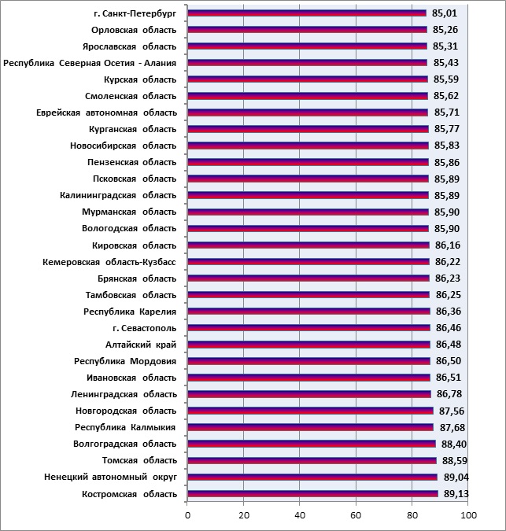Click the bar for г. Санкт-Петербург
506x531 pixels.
pyautogui.click(x=307, y=13)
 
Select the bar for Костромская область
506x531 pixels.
pyautogui.click(x=312, y=494)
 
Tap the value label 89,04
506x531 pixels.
pyautogui.click(x=456, y=478)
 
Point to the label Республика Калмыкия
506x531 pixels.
pyautogui.click(x=125, y=427)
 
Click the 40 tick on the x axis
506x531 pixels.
pyautogui.click(x=300, y=515)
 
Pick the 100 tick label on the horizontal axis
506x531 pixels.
pyautogui.click(x=468, y=515)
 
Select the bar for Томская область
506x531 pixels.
pyautogui.click(x=312, y=460)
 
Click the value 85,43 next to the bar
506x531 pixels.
pyautogui.click(x=446, y=63)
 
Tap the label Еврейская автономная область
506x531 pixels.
pyautogui.click(x=106, y=112)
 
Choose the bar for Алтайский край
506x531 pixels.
pyautogui.click(x=309, y=345)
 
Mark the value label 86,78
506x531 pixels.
pyautogui.click(x=449, y=394)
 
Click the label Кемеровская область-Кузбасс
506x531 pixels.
pyautogui.click(x=109, y=262)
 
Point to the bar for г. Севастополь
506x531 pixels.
pyautogui.click(x=309, y=328)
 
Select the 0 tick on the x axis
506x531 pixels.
pyautogui.click(x=187, y=515)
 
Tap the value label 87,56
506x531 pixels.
pyautogui.click(x=452, y=411)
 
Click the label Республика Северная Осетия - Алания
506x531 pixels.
pyautogui.click(x=90, y=64)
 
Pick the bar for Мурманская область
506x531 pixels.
pyautogui.click(x=308, y=212)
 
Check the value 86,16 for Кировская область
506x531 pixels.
pyautogui.click(x=448, y=245)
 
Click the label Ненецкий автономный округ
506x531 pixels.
pyautogui.click(x=110, y=478)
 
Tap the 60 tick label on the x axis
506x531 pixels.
pyautogui.click(x=356, y=515)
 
